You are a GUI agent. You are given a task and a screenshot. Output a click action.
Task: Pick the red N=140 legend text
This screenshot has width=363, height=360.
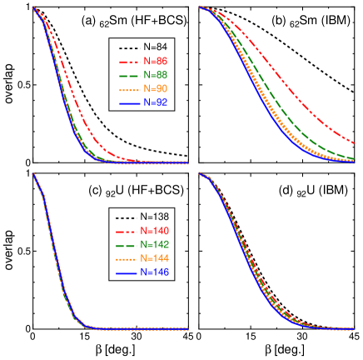(156, 231)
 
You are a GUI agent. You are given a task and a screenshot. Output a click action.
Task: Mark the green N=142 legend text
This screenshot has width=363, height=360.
(156, 245)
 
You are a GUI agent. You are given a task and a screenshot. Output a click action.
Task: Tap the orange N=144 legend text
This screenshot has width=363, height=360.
(156, 258)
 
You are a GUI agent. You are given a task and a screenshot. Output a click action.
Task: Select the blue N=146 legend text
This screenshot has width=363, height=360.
(156, 272)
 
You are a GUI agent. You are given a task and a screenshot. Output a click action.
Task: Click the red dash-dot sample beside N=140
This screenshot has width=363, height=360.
(124, 231)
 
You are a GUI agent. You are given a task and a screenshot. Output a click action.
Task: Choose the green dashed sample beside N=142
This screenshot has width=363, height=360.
(124, 245)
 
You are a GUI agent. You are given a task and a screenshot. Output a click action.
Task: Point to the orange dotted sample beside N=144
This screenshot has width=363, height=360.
(124, 258)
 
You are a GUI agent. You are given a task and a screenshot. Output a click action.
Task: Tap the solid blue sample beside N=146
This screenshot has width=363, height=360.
(124, 272)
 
